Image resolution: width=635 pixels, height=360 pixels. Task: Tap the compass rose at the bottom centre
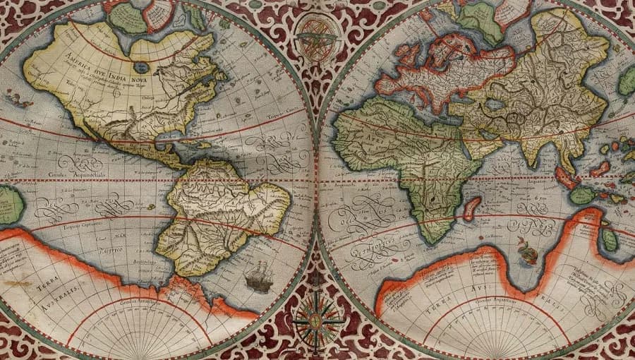[x=315, y=322]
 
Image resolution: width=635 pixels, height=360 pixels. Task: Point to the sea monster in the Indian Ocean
[x=524, y=248]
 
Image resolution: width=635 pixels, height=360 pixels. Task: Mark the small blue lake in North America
[x=141, y=68]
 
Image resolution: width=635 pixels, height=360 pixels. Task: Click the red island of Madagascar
[x=471, y=209]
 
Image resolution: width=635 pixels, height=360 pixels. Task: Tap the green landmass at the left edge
[x=10, y=205]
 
